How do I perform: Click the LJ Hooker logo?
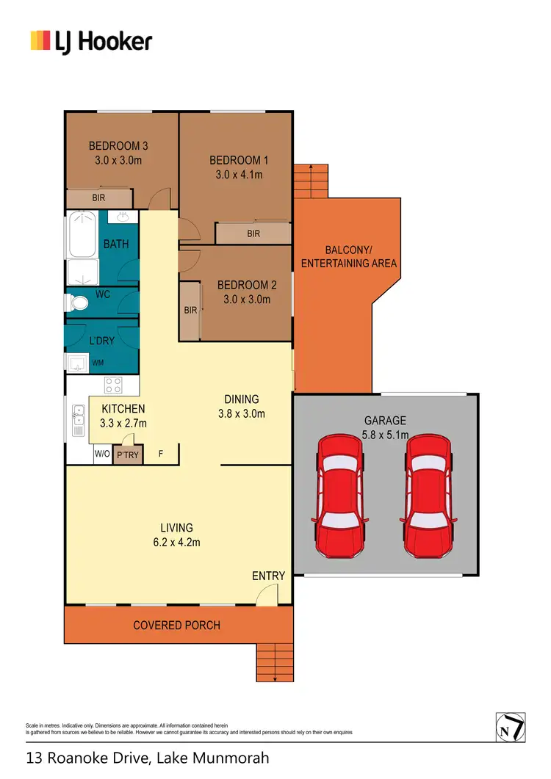(x=91, y=40)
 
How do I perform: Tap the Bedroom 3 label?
(x=118, y=145)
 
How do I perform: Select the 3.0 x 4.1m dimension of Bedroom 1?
(x=239, y=175)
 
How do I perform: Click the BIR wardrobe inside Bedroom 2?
(x=190, y=311)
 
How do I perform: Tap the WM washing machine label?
(x=98, y=363)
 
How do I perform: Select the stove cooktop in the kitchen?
(x=113, y=385)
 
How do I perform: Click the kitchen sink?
(x=77, y=421)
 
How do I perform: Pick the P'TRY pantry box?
(x=128, y=455)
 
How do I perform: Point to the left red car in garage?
(x=340, y=496)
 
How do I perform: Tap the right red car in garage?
(x=429, y=496)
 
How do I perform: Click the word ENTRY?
(x=268, y=576)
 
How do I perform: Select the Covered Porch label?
(x=176, y=626)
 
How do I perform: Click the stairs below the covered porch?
(x=275, y=662)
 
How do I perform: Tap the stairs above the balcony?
(x=310, y=180)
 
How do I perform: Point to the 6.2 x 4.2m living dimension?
(x=176, y=543)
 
